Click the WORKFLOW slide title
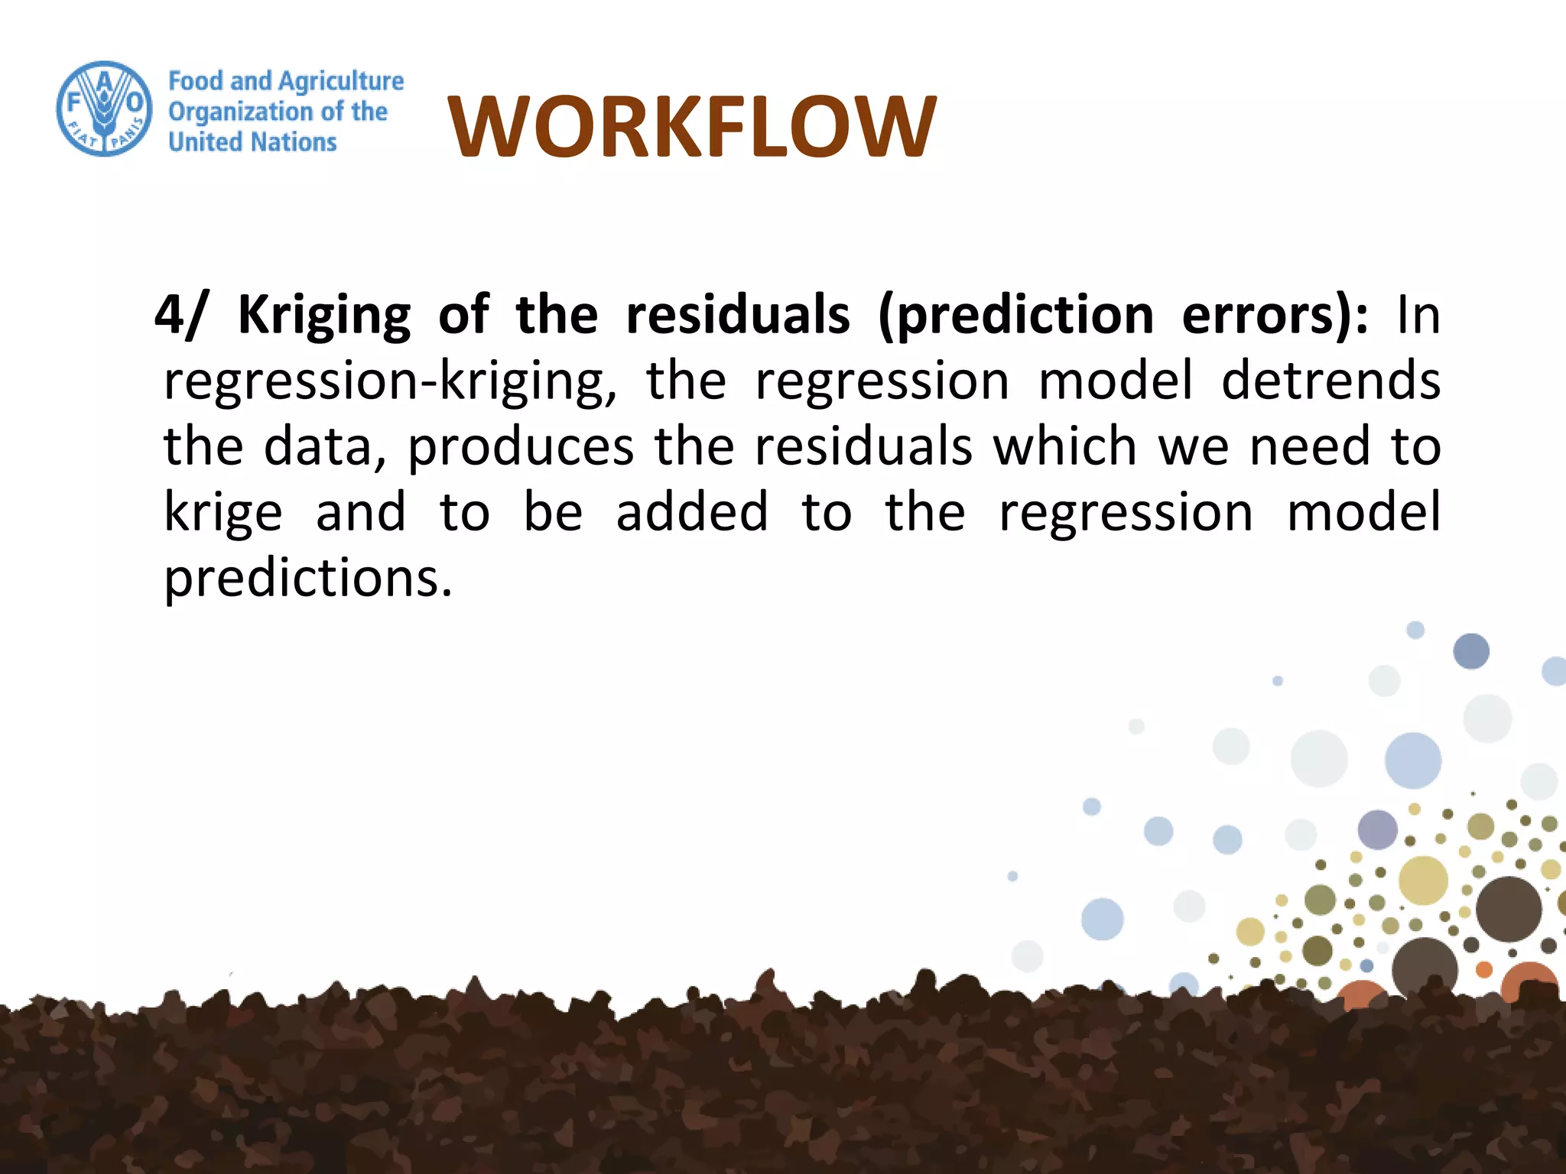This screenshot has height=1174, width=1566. pyautogui.click(x=691, y=127)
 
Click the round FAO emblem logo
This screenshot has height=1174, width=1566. pyautogui.click(x=105, y=109)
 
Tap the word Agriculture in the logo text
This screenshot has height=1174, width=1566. pyautogui.click(x=341, y=81)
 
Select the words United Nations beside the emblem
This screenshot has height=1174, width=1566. pyautogui.click(x=252, y=142)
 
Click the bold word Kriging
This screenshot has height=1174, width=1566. pyautogui.click(x=324, y=315)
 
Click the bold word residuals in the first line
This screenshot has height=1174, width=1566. pyautogui.click(x=737, y=315)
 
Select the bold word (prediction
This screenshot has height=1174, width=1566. pyautogui.click(x=1015, y=315)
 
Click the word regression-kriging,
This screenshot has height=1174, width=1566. pyautogui.click(x=390, y=381)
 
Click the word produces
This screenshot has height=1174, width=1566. pyautogui.click(x=520, y=447)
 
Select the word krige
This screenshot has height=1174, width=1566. pyautogui.click(x=223, y=513)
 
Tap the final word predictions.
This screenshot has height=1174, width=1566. pyautogui.click(x=308, y=579)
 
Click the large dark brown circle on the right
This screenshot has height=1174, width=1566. pyautogui.click(x=1508, y=909)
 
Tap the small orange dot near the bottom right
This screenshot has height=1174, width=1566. pyautogui.click(x=1484, y=970)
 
